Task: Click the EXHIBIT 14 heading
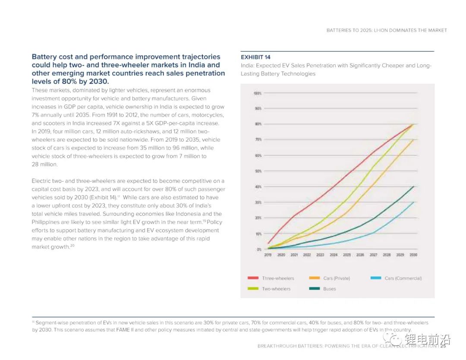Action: [255, 57]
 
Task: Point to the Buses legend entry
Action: [329, 289]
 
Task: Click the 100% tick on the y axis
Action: [258, 93]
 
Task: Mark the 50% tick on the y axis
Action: [258, 171]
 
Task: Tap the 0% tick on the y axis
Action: [259, 249]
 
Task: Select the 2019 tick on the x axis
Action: [268, 255]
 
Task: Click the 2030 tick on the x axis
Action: [414, 255]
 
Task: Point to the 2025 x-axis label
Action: [347, 255]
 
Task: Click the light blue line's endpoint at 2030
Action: [414, 202]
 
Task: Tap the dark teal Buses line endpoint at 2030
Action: [414, 186]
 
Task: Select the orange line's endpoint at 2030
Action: [414, 139]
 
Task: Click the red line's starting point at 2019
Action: [268, 244]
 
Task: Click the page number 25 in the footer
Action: [443, 346]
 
